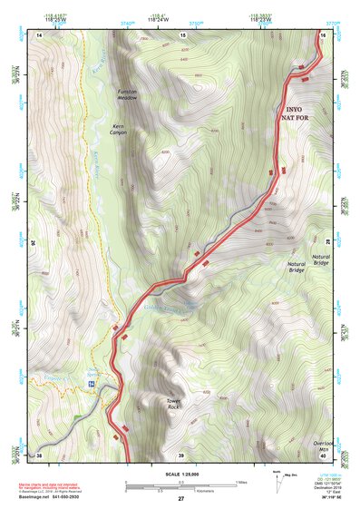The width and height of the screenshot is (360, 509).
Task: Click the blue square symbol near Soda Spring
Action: click(x=92, y=385)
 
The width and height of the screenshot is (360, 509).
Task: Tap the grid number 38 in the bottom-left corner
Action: click(x=40, y=455)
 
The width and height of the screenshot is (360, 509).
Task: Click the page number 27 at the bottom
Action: click(x=180, y=500)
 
